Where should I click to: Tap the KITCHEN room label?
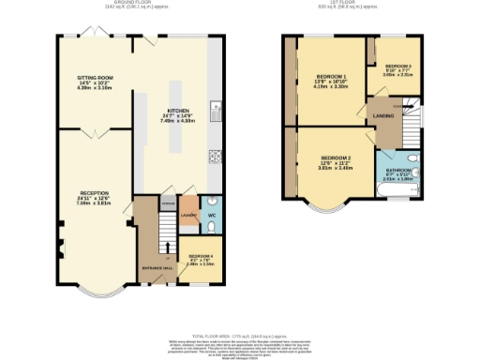[x=179, y=110]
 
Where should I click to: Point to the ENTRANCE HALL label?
[x=157, y=268]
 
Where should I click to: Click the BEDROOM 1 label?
[x=332, y=77]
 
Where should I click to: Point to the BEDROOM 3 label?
[x=397, y=66]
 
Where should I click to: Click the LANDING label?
[x=383, y=115]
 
